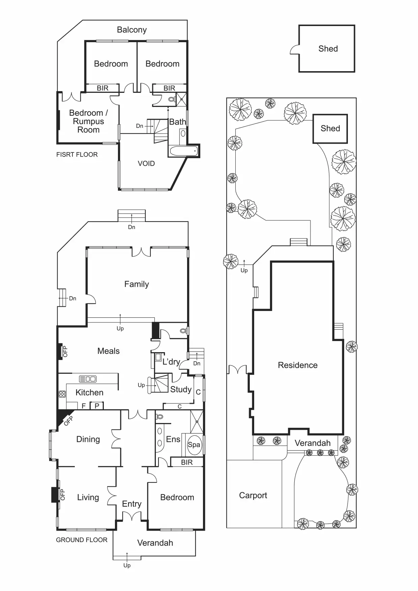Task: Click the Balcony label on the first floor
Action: (132, 30)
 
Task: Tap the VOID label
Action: (146, 164)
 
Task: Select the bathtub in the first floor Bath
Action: (183, 151)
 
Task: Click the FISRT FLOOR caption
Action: (77, 154)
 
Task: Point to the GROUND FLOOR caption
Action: (82, 540)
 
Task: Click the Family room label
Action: (137, 284)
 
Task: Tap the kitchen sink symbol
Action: (88, 379)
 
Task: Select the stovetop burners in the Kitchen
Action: (62, 394)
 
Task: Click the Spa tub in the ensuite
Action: (194, 445)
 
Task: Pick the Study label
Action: (181, 390)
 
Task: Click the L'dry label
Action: (171, 362)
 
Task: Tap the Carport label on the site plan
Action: (253, 495)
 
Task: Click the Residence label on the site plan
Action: (298, 365)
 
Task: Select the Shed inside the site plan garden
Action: (330, 129)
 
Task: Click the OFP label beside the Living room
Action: (62, 495)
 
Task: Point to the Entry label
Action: (131, 504)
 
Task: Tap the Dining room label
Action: (88, 439)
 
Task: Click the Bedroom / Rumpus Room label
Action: (88, 121)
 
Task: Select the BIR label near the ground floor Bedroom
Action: (187, 462)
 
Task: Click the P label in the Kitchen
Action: (97, 406)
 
